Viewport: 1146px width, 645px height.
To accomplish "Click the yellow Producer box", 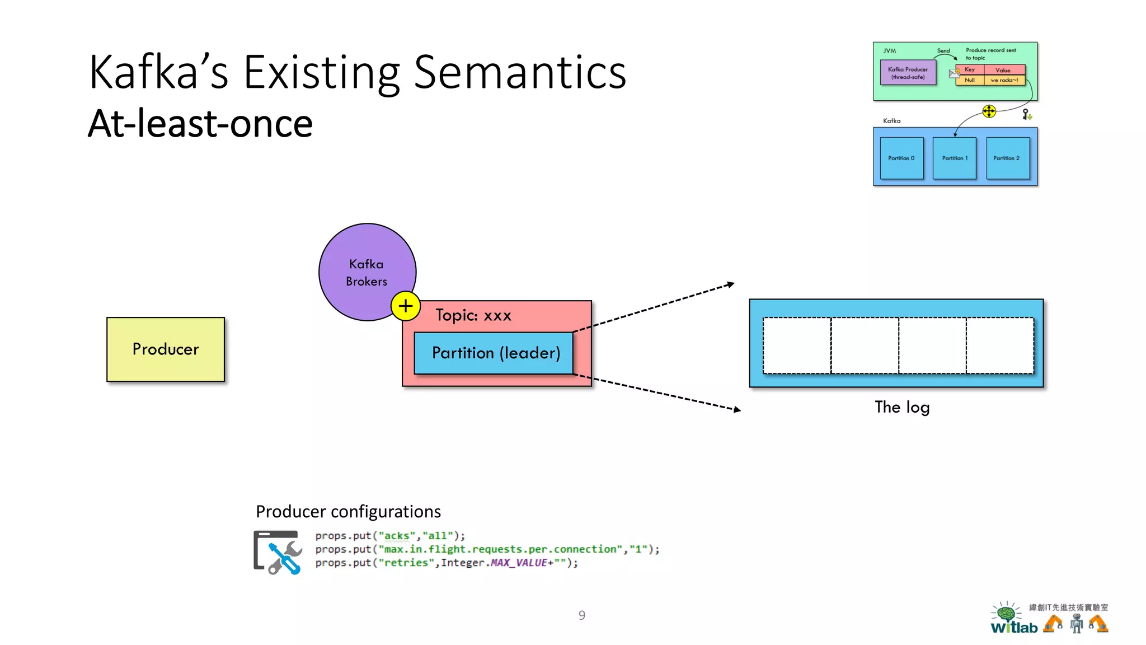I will tap(166, 349).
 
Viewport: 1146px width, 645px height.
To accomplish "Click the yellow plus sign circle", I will tap(406, 306).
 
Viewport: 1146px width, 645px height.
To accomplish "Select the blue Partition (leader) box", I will tap(494, 353).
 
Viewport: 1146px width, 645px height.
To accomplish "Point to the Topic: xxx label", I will tap(473, 315).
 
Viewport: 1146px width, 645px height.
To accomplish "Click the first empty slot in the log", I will tap(797, 345).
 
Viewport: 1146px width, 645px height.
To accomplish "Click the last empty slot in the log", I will tap(1000, 345).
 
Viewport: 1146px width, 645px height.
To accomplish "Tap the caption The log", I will tap(902, 407).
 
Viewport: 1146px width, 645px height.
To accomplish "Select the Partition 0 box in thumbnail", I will tap(901, 158).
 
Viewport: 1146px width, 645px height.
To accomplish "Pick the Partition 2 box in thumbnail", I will tap(1007, 158).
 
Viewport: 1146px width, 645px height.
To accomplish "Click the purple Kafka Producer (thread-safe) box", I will tap(908, 73).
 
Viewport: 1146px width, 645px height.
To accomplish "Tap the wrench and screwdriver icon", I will tap(278, 553).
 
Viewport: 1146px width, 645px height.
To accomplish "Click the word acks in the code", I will tap(396, 536).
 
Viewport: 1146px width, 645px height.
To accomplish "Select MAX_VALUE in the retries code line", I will tap(518, 563).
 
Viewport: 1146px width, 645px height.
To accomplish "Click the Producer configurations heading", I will tap(348, 512).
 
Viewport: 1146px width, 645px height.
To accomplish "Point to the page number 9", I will tap(582, 615).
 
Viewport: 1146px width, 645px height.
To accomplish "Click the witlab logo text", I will tap(1014, 628).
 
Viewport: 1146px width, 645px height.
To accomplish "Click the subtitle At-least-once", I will tap(200, 124).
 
